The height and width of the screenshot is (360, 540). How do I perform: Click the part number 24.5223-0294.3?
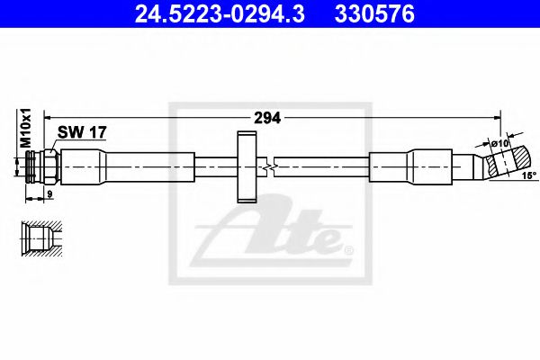[x=201, y=14]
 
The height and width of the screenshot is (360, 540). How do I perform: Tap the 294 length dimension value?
[x=266, y=117]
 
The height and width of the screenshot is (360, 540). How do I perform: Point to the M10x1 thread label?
[x=26, y=127]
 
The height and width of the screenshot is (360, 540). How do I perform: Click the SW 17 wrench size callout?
[x=82, y=132]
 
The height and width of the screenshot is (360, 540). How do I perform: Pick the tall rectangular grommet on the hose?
[x=246, y=166]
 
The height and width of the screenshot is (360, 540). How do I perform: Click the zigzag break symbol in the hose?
[x=269, y=166]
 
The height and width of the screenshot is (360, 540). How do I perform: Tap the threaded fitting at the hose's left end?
[x=40, y=166]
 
